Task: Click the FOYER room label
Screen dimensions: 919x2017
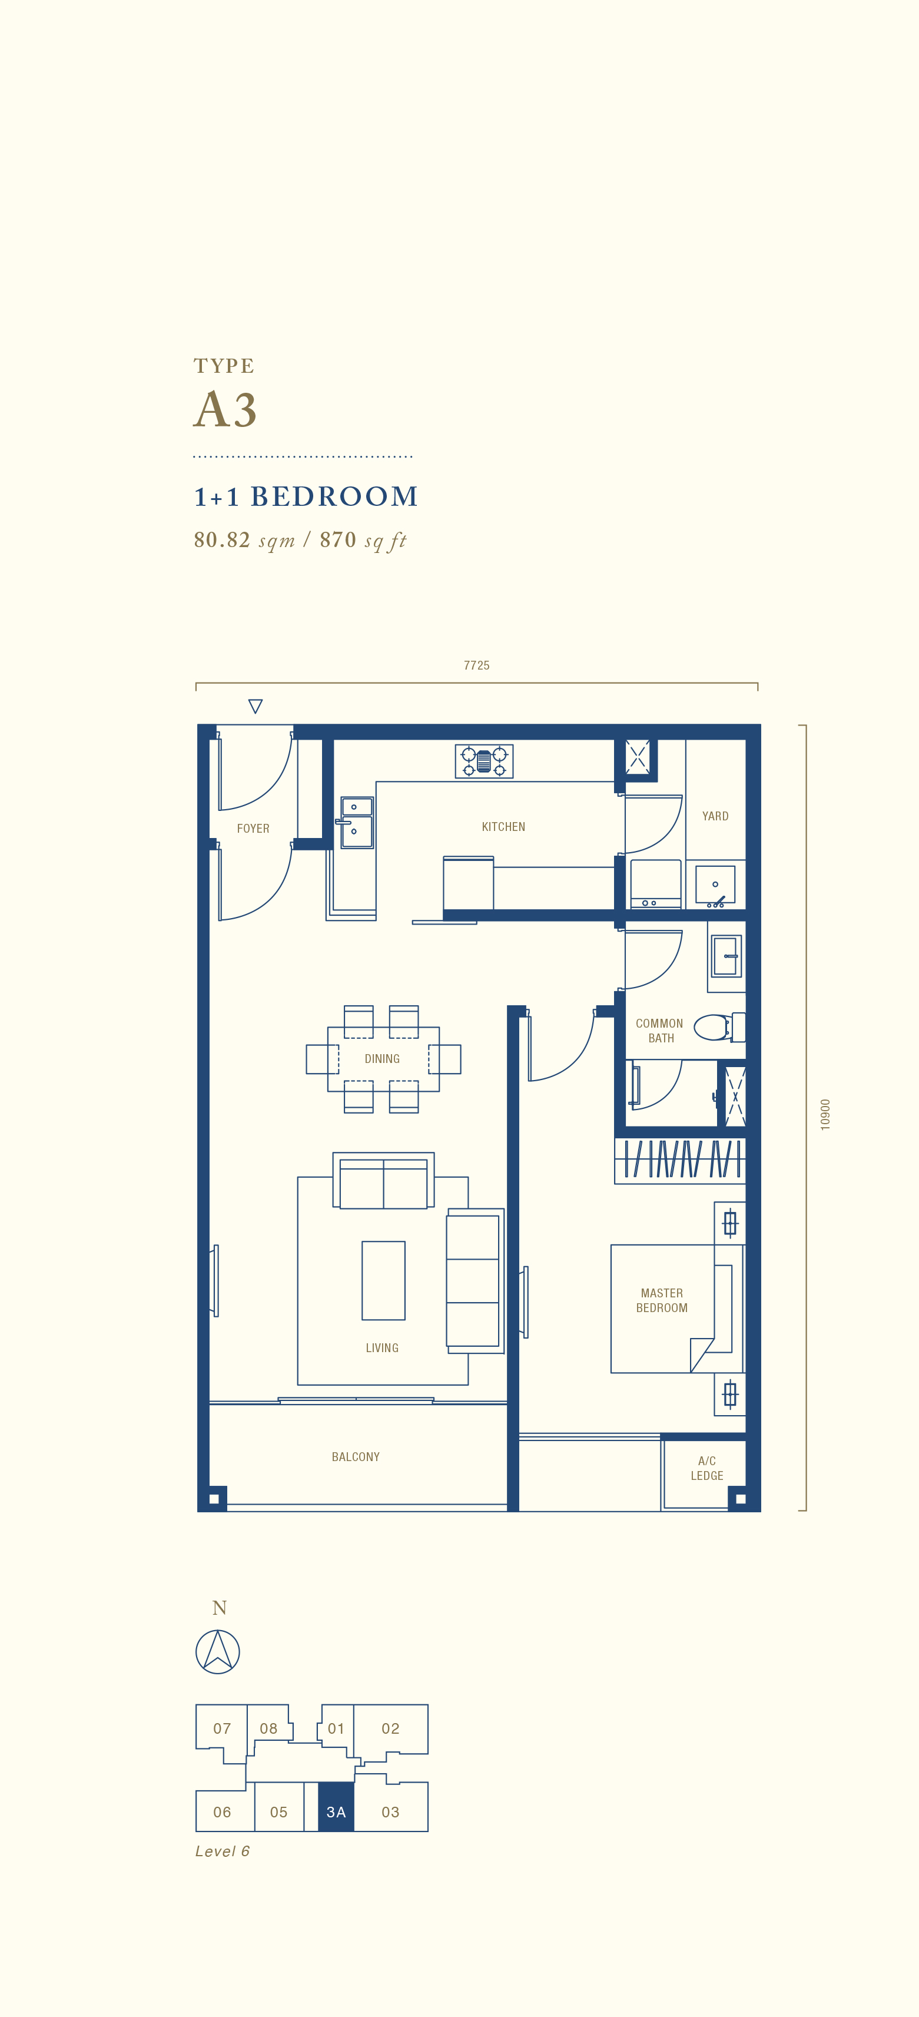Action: tap(253, 829)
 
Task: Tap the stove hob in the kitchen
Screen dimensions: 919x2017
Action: tap(485, 761)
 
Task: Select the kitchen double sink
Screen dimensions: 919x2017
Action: tap(357, 822)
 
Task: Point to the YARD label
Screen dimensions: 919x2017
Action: tap(715, 816)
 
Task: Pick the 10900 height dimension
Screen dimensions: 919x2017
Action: tap(825, 1114)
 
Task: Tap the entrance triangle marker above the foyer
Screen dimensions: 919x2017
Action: tap(255, 706)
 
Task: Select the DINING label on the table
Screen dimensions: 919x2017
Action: tap(382, 1059)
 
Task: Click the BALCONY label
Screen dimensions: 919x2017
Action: tap(356, 1456)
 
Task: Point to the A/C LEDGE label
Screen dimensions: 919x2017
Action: tap(707, 1468)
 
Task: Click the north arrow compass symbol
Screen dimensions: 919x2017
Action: tap(218, 1651)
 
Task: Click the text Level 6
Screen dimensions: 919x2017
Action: tap(223, 1851)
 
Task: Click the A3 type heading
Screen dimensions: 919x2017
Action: tap(225, 409)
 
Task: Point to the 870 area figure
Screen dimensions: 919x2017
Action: tap(338, 539)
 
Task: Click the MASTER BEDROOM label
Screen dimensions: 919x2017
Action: tap(662, 1300)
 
